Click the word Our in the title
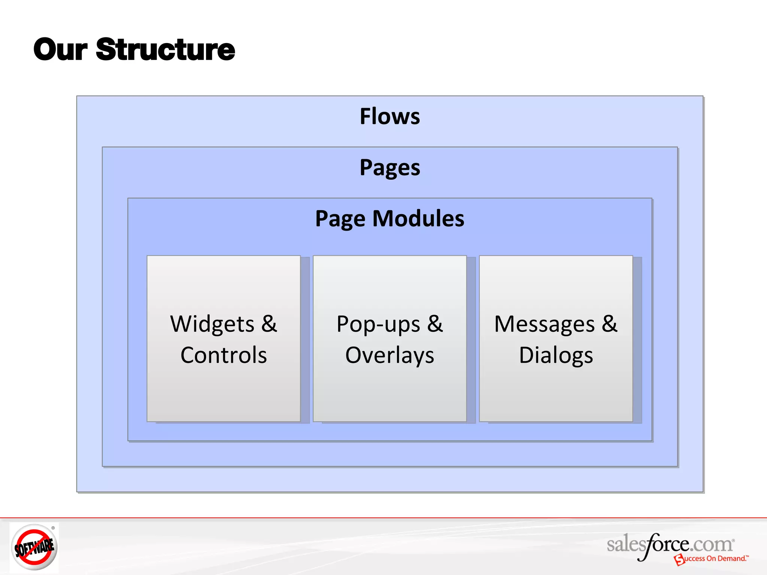pyautogui.click(x=60, y=50)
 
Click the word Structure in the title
pyautogui.click(x=165, y=50)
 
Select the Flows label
pyautogui.click(x=389, y=116)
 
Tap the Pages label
pyautogui.click(x=389, y=168)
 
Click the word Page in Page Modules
pyautogui.click(x=340, y=219)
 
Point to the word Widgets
pyautogui.click(x=212, y=324)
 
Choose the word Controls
pyautogui.click(x=224, y=355)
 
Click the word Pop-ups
pyautogui.click(x=378, y=324)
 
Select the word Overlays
pyautogui.click(x=389, y=355)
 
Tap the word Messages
pyautogui.click(x=544, y=324)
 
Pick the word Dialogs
pyautogui.click(x=556, y=355)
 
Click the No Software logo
pyautogui.click(x=34, y=547)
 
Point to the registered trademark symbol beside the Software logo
pyautogui.click(x=53, y=528)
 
